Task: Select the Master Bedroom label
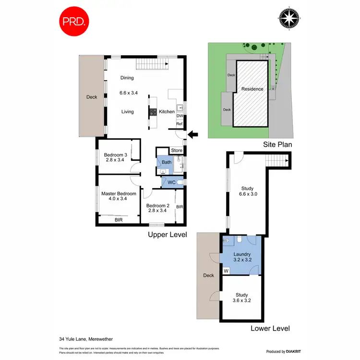click(x=119, y=194)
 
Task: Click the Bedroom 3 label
click(x=116, y=155)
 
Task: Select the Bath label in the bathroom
click(x=167, y=162)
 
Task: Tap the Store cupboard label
click(x=177, y=151)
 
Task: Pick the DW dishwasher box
click(x=180, y=116)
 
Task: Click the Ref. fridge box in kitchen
click(x=180, y=124)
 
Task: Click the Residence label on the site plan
click(x=252, y=89)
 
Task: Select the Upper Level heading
click(x=167, y=235)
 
